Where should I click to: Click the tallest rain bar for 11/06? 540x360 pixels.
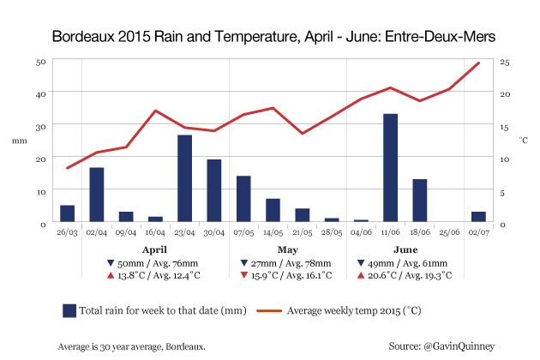tap(390, 168)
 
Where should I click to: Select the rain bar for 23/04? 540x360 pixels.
tap(184, 178)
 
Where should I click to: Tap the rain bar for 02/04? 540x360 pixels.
tap(97, 195)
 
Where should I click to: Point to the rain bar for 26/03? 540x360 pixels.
tap(67, 213)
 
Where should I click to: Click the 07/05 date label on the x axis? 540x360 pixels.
tap(243, 232)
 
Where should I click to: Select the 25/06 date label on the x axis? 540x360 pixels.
tap(448, 232)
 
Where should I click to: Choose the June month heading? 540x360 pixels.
tap(405, 249)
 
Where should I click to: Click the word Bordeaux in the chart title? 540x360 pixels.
tap(85, 38)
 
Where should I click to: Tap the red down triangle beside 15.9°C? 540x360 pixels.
tap(245, 277)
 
